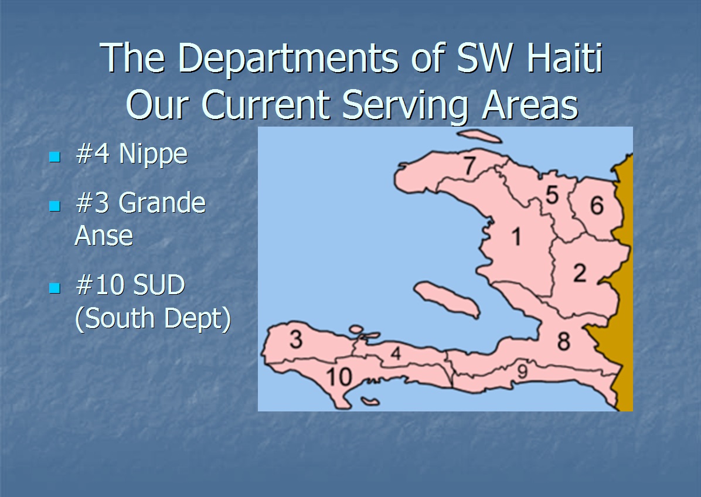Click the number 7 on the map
coord(469,165)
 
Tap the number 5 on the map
coord(552,195)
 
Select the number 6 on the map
coord(597,205)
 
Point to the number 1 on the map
coord(516,236)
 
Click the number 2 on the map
coord(580,273)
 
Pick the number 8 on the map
coord(564,342)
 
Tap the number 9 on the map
coord(522,371)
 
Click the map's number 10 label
coord(339,377)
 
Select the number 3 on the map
coord(296,339)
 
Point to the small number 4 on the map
coord(396,353)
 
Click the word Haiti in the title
coord(565,57)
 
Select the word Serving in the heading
coord(405,106)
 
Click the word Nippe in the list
coord(153,155)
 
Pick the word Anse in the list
coord(104,235)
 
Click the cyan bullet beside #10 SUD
coord(55,287)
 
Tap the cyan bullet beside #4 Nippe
coord(55,157)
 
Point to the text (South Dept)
coord(153,318)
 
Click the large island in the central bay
coord(447,299)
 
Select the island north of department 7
coord(479,136)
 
